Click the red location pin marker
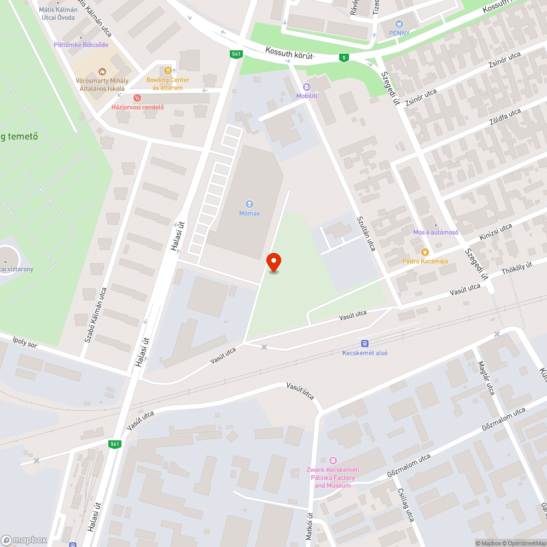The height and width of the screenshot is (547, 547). pyautogui.click(x=273, y=262)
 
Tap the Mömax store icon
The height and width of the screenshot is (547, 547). pyautogui.click(x=249, y=204)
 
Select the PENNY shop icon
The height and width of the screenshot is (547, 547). pyautogui.click(x=399, y=24)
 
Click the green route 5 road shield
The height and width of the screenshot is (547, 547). pyautogui.click(x=344, y=57)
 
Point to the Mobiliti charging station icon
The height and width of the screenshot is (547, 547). pyautogui.click(x=306, y=86)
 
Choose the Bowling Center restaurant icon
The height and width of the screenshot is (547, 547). pyautogui.click(x=167, y=71)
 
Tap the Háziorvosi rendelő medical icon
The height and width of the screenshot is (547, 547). pyautogui.click(x=137, y=98)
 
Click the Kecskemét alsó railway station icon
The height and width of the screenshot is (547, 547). pyautogui.click(x=364, y=344)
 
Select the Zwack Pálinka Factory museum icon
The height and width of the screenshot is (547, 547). pyautogui.click(x=333, y=461)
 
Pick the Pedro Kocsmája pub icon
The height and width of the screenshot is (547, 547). pyautogui.click(x=424, y=252)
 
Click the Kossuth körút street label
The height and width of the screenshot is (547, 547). pyautogui.click(x=289, y=53)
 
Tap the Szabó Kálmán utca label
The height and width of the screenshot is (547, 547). pyautogui.click(x=96, y=315)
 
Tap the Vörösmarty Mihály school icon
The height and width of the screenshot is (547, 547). pyautogui.click(x=102, y=71)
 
